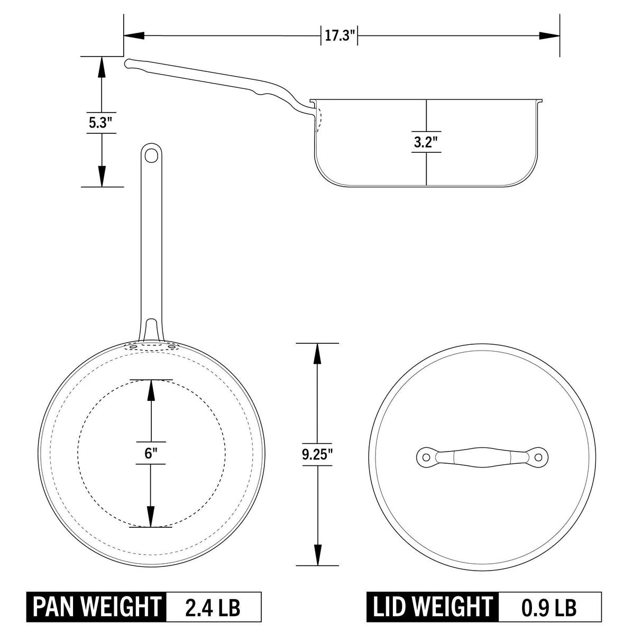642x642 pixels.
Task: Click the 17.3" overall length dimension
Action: pyautogui.click(x=340, y=36)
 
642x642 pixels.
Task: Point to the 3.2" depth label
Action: pyautogui.click(x=426, y=143)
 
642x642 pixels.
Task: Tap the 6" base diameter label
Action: pyautogui.click(x=151, y=453)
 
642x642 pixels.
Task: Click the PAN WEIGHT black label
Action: pyautogui.click(x=97, y=607)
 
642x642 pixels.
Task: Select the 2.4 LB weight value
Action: pyautogui.click(x=213, y=607)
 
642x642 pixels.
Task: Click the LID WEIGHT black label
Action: pyautogui.click(x=432, y=607)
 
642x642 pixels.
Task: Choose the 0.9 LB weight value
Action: pyautogui.click(x=549, y=607)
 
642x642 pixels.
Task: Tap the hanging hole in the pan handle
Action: pyautogui.click(x=152, y=155)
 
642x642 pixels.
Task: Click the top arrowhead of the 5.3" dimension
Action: pyautogui.click(x=101, y=66)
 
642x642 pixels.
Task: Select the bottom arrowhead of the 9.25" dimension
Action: pyautogui.click(x=317, y=555)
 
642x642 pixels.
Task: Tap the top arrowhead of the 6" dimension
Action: pyautogui.click(x=151, y=390)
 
